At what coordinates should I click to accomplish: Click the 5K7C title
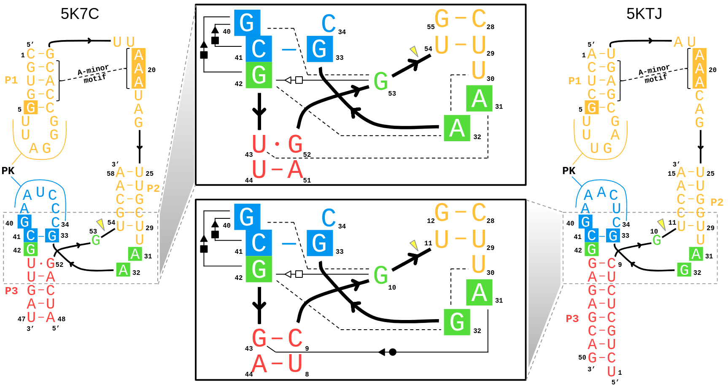[80, 14]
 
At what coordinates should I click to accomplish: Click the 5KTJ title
[644, 14]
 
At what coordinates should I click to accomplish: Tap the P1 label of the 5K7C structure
[11, 80]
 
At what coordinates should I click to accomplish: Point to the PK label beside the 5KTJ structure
[569, 171]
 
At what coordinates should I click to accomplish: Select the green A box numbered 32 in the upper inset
[457, 128]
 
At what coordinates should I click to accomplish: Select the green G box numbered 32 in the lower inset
[457, 322]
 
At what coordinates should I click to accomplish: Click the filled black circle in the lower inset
[393, 352]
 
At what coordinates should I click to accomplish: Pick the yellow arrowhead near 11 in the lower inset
[414, 245]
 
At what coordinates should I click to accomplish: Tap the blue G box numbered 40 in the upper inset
[247, 23]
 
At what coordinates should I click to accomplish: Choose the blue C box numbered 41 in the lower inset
[259, 243]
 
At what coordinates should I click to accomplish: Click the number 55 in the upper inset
[431, 27]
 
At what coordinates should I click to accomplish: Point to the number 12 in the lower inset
[431, 221]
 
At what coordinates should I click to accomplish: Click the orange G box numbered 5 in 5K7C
[31, 108]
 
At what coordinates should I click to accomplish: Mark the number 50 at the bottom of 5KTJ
[582, 357]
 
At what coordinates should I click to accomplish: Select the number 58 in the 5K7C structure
[111, 173]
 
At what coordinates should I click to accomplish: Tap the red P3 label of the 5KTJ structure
[572, 319]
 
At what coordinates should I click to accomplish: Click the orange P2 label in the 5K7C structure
[153, 188]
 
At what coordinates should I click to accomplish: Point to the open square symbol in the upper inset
[299, 80]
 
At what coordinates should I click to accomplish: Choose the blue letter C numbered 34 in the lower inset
[329, 218]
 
